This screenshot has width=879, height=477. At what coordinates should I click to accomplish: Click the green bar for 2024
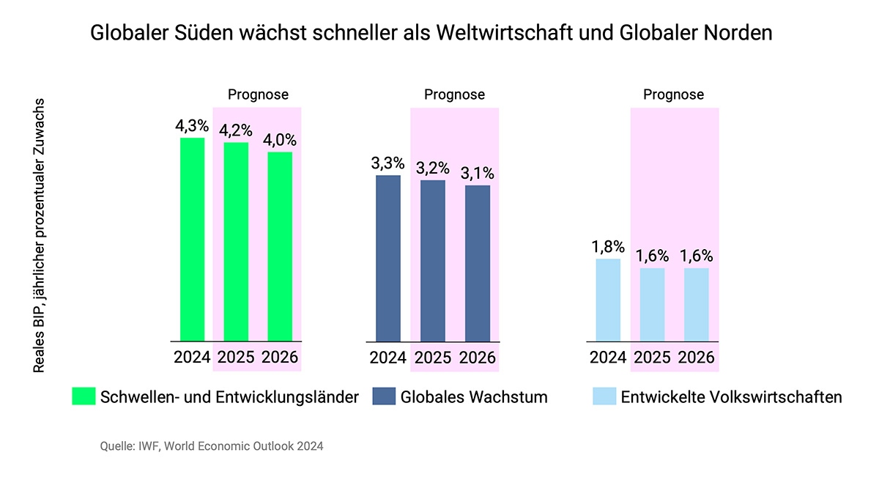(192, 240)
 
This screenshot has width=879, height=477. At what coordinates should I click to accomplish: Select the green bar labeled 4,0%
(280, 246)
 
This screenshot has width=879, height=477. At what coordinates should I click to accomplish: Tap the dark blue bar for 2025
(433, 261)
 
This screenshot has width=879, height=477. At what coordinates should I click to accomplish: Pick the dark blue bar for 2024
(388, 258)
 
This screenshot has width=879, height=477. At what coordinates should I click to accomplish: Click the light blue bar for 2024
(608, 300)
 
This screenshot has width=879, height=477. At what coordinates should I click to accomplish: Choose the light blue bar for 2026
(696, 305)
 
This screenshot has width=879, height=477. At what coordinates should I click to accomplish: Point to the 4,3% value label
(192, 126)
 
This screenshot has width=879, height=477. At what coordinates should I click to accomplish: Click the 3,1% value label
(477, 174)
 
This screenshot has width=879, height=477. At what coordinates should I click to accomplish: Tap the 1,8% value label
(608, 247)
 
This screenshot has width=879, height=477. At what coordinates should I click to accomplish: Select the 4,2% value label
(236, 130)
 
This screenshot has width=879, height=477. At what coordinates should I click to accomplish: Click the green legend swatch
(84, 396)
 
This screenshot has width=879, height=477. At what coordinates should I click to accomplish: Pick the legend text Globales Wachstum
(474, 397)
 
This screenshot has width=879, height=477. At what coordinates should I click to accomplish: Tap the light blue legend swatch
(604, 396)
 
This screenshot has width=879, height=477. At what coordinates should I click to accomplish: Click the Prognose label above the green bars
(258, 95)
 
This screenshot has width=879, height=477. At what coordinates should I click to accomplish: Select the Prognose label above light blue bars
(673, 95)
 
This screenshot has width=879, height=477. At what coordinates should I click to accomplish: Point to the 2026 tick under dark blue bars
(477, 358)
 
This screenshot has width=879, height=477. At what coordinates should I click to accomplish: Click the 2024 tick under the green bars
(192, 358)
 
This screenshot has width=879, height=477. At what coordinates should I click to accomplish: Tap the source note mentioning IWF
(212, 445)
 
